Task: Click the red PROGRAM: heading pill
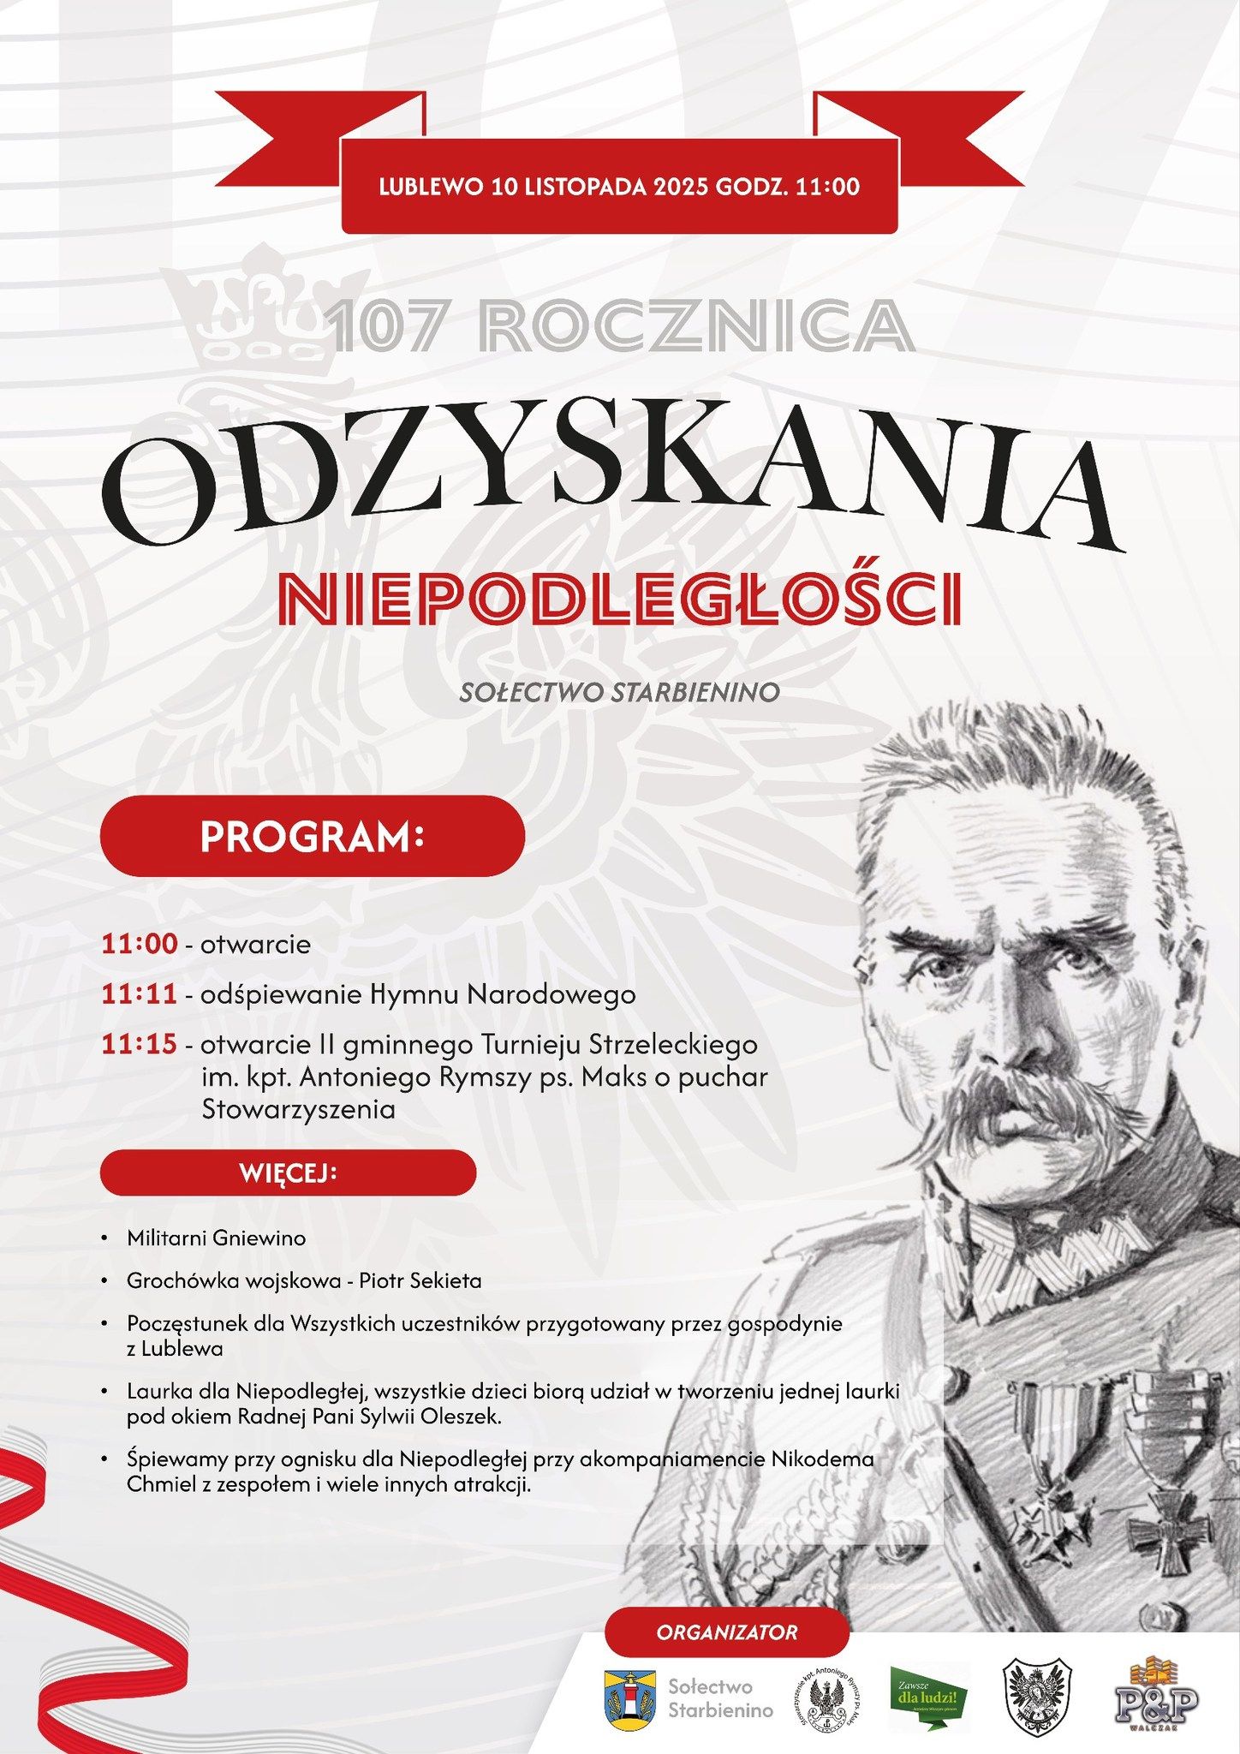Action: point(312,836)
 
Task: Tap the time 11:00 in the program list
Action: point(140,944)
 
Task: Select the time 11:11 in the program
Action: point(140,994)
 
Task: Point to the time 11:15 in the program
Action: point(140,1044)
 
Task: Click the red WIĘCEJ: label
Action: point(288,1172)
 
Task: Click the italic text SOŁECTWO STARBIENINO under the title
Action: point(619,692)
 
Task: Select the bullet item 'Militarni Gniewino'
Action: point(216,1238)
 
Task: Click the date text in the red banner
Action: point(619,187)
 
